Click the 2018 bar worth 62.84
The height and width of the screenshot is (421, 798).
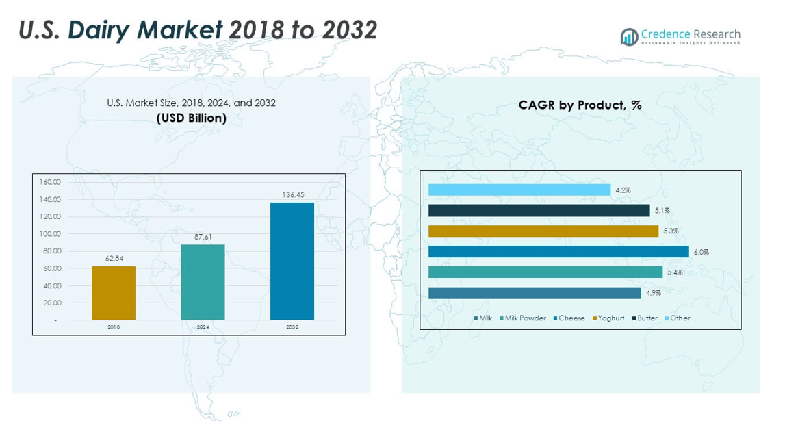pyautogui.click(x=114, y=293)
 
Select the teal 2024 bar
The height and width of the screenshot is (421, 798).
pyautogui.click(x=203, y=282)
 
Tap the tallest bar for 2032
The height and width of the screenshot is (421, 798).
pyautogui.click(x=292, y=261)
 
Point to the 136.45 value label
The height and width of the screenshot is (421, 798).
pyautogui.click(x=293, y=195)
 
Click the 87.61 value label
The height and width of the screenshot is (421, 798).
pyautogui.click(x=203, y=237)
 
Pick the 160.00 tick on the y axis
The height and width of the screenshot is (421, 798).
pyautogui.click(x=51, y=182)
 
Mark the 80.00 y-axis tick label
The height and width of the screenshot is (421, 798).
pyautogui.click(x=51, y=251)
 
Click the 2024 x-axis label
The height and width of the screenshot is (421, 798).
pyautogui.click(x=203, y=327)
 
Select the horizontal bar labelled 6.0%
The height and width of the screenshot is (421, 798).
pyautogui.click(x=558, y=252)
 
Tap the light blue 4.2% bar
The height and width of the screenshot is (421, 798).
pyautogui.click(x=519, y=190)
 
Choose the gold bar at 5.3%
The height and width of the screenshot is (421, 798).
pyautogui.click(x=543, y=231)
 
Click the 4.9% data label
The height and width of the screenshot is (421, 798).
pyautogui.click(x=652, y=293)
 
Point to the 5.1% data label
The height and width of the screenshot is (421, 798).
pyautogui.click(x=662, y=211)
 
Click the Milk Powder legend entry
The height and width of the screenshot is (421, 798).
pyautogui.click(x=525, y=318)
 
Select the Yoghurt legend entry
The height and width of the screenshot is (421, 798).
pyautogui.click(x=610, y=318)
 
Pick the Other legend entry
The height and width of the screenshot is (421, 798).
pyautogui.click(x=680, y=318)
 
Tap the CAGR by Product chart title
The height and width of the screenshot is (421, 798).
pyautogui.click(x=580, y=105)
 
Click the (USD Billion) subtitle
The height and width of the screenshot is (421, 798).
pyautogui.click(x=192, y=118)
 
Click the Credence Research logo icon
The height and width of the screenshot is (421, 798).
pyautogui.click(x=629, y=37)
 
